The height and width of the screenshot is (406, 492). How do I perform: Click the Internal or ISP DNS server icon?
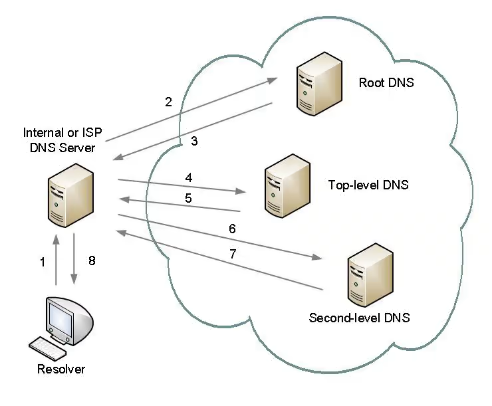coord(69,198)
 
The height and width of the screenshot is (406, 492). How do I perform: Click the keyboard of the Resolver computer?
coord(47,346)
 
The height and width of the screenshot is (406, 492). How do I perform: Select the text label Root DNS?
coord(386,83)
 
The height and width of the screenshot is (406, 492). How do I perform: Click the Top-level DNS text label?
coord(368,185)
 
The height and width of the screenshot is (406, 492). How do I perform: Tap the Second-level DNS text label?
coord(359,318)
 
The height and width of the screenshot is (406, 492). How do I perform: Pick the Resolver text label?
coord(61,369)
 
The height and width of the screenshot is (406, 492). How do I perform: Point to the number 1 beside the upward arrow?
coord(43,262)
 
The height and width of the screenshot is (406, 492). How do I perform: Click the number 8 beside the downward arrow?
coord(92,261)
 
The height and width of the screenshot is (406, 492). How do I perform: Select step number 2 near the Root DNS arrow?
coord(168,102)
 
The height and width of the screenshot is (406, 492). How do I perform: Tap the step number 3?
coord(193,141)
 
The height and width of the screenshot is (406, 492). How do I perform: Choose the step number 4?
coord(189,178)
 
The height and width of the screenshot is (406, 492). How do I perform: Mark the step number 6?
coord(232,229)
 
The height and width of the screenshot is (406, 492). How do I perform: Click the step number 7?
coord(232,253)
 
